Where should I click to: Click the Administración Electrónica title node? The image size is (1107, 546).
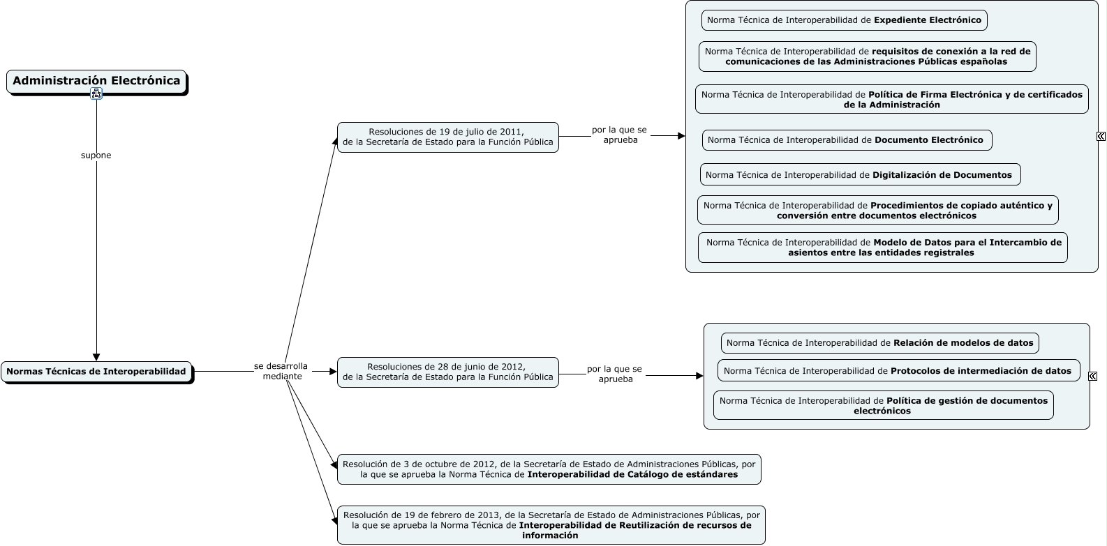coord(96,82)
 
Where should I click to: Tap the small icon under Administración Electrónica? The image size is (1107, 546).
coord(96,93)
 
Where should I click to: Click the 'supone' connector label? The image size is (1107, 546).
coord(96,156)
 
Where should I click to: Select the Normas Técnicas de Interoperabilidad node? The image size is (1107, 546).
coord(96,372)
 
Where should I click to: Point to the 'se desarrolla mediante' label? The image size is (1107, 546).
coord(281,371)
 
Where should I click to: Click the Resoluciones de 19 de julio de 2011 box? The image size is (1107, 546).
coord(447,137)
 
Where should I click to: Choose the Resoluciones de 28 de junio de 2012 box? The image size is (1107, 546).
coord(447,372)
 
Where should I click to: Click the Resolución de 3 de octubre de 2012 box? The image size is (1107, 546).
coord(549,469)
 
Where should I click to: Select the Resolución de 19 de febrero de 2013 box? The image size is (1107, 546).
coord(551,525)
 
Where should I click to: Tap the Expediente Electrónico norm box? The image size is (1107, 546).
coord(844,20)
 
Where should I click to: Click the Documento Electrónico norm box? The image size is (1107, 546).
coord(847,140)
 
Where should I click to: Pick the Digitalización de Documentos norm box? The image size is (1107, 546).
coord(861,175)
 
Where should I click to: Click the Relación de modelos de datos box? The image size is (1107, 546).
coord(879,343)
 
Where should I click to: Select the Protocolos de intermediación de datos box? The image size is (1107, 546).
coord(899,371)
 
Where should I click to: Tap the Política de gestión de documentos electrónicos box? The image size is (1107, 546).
coord(884,405)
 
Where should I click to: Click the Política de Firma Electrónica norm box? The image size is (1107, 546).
coord(892,99)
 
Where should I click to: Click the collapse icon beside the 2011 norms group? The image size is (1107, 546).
coord(1101,136)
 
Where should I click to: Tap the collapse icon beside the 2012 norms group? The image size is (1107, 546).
coord(1092,376)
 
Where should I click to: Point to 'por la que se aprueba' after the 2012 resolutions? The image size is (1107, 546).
coord(615,374)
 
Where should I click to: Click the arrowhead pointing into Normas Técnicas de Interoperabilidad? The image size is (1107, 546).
coord(96,358)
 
